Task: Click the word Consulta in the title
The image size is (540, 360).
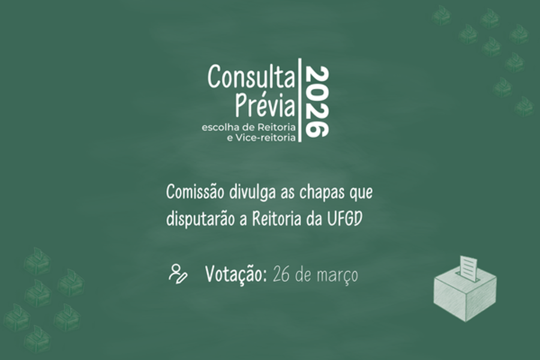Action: [x=251, y=77]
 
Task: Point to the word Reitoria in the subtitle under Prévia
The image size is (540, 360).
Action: [x=277, y=127]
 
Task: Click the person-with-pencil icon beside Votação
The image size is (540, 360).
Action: [x=178, y=274]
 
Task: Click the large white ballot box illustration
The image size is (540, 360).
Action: [x=465, y=291]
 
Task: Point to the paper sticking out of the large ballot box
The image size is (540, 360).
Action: [x=469, y=268]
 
